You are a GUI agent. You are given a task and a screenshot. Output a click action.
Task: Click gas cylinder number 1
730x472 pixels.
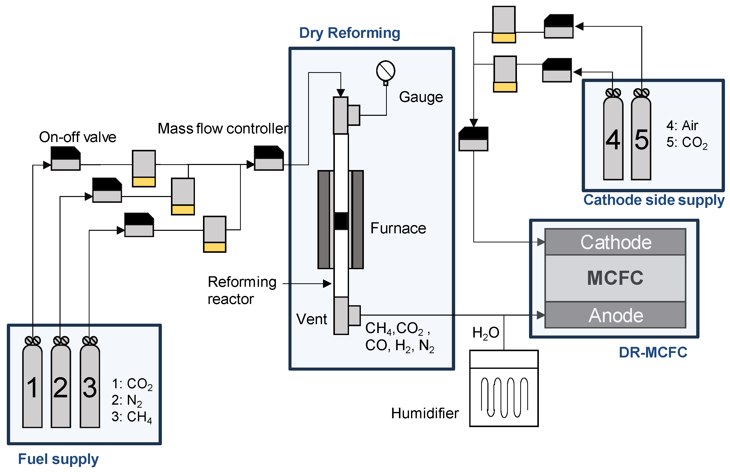click(32, 386)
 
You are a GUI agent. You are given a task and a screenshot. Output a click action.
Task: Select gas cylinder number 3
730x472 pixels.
click(90, 386)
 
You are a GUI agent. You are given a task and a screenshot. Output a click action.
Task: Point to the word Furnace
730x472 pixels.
click(398, 228)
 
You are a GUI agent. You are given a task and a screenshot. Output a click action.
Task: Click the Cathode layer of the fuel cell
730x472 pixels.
click(615, 242)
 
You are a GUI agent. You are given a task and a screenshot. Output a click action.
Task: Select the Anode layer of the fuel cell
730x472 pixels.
click(615, 315)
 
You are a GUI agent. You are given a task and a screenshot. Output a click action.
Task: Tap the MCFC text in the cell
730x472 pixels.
click(615, 278)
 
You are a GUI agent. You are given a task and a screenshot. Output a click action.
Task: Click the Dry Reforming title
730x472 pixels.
click(349, 33)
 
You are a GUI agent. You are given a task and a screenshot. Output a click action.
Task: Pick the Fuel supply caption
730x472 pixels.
click(58, 459)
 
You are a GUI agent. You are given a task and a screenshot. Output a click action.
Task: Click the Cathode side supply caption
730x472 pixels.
click(653, 200)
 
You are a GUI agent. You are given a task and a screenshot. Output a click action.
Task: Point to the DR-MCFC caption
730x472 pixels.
click(653, 352)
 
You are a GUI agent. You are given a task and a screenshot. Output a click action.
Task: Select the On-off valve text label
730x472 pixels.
click(77, 137)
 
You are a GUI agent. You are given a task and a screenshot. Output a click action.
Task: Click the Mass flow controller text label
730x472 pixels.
click(223, 129)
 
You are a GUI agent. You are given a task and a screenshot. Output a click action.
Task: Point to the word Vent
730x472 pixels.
click(311, 319)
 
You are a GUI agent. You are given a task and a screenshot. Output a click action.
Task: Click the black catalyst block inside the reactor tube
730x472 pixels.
click(341, 221)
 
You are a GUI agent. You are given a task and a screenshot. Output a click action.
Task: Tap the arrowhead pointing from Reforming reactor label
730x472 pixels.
click(327, 284)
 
